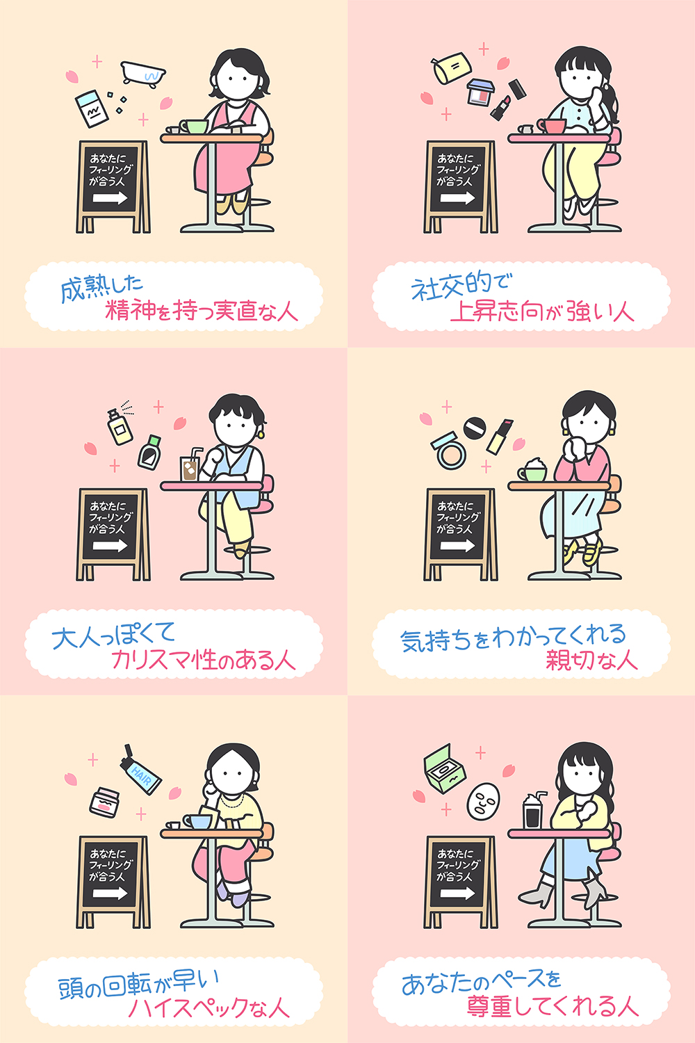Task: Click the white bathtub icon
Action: point(143,73)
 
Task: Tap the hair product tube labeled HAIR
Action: point(140,770)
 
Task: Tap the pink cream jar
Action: point(104,802)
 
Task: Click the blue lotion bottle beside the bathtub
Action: point(92,108)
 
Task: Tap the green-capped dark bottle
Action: point(149,452)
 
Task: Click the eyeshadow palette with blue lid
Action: point(481,92)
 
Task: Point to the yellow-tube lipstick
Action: point(500,436)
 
